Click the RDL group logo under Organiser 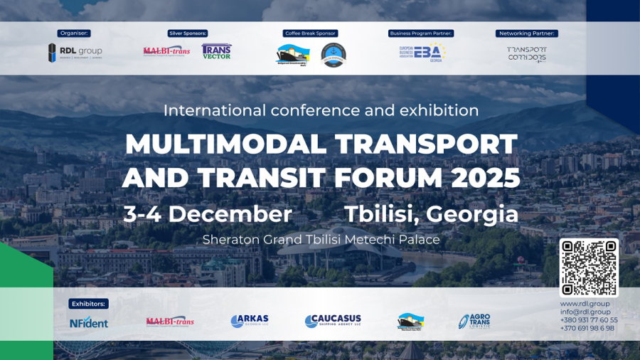tap(75, 52)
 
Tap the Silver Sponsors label tap(188, 33)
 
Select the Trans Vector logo tap(216, 51)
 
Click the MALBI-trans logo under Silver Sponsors tap(166, 51)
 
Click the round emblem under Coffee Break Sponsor tap(333, 54)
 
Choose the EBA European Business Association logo tap(422, 52)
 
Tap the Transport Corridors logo tap(527, 54)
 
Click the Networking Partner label tap(527, 33)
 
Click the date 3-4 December tap(208, 213)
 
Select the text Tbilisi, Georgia tap(431, 213)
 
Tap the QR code tap(588, 268)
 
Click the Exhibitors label tap(89, 304)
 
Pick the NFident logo tap(89, 323)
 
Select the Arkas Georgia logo tap(250, 322)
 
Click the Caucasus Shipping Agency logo tap(333, 322)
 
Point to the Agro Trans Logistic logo tap(474, 322)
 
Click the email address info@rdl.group tap(585, 312)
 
